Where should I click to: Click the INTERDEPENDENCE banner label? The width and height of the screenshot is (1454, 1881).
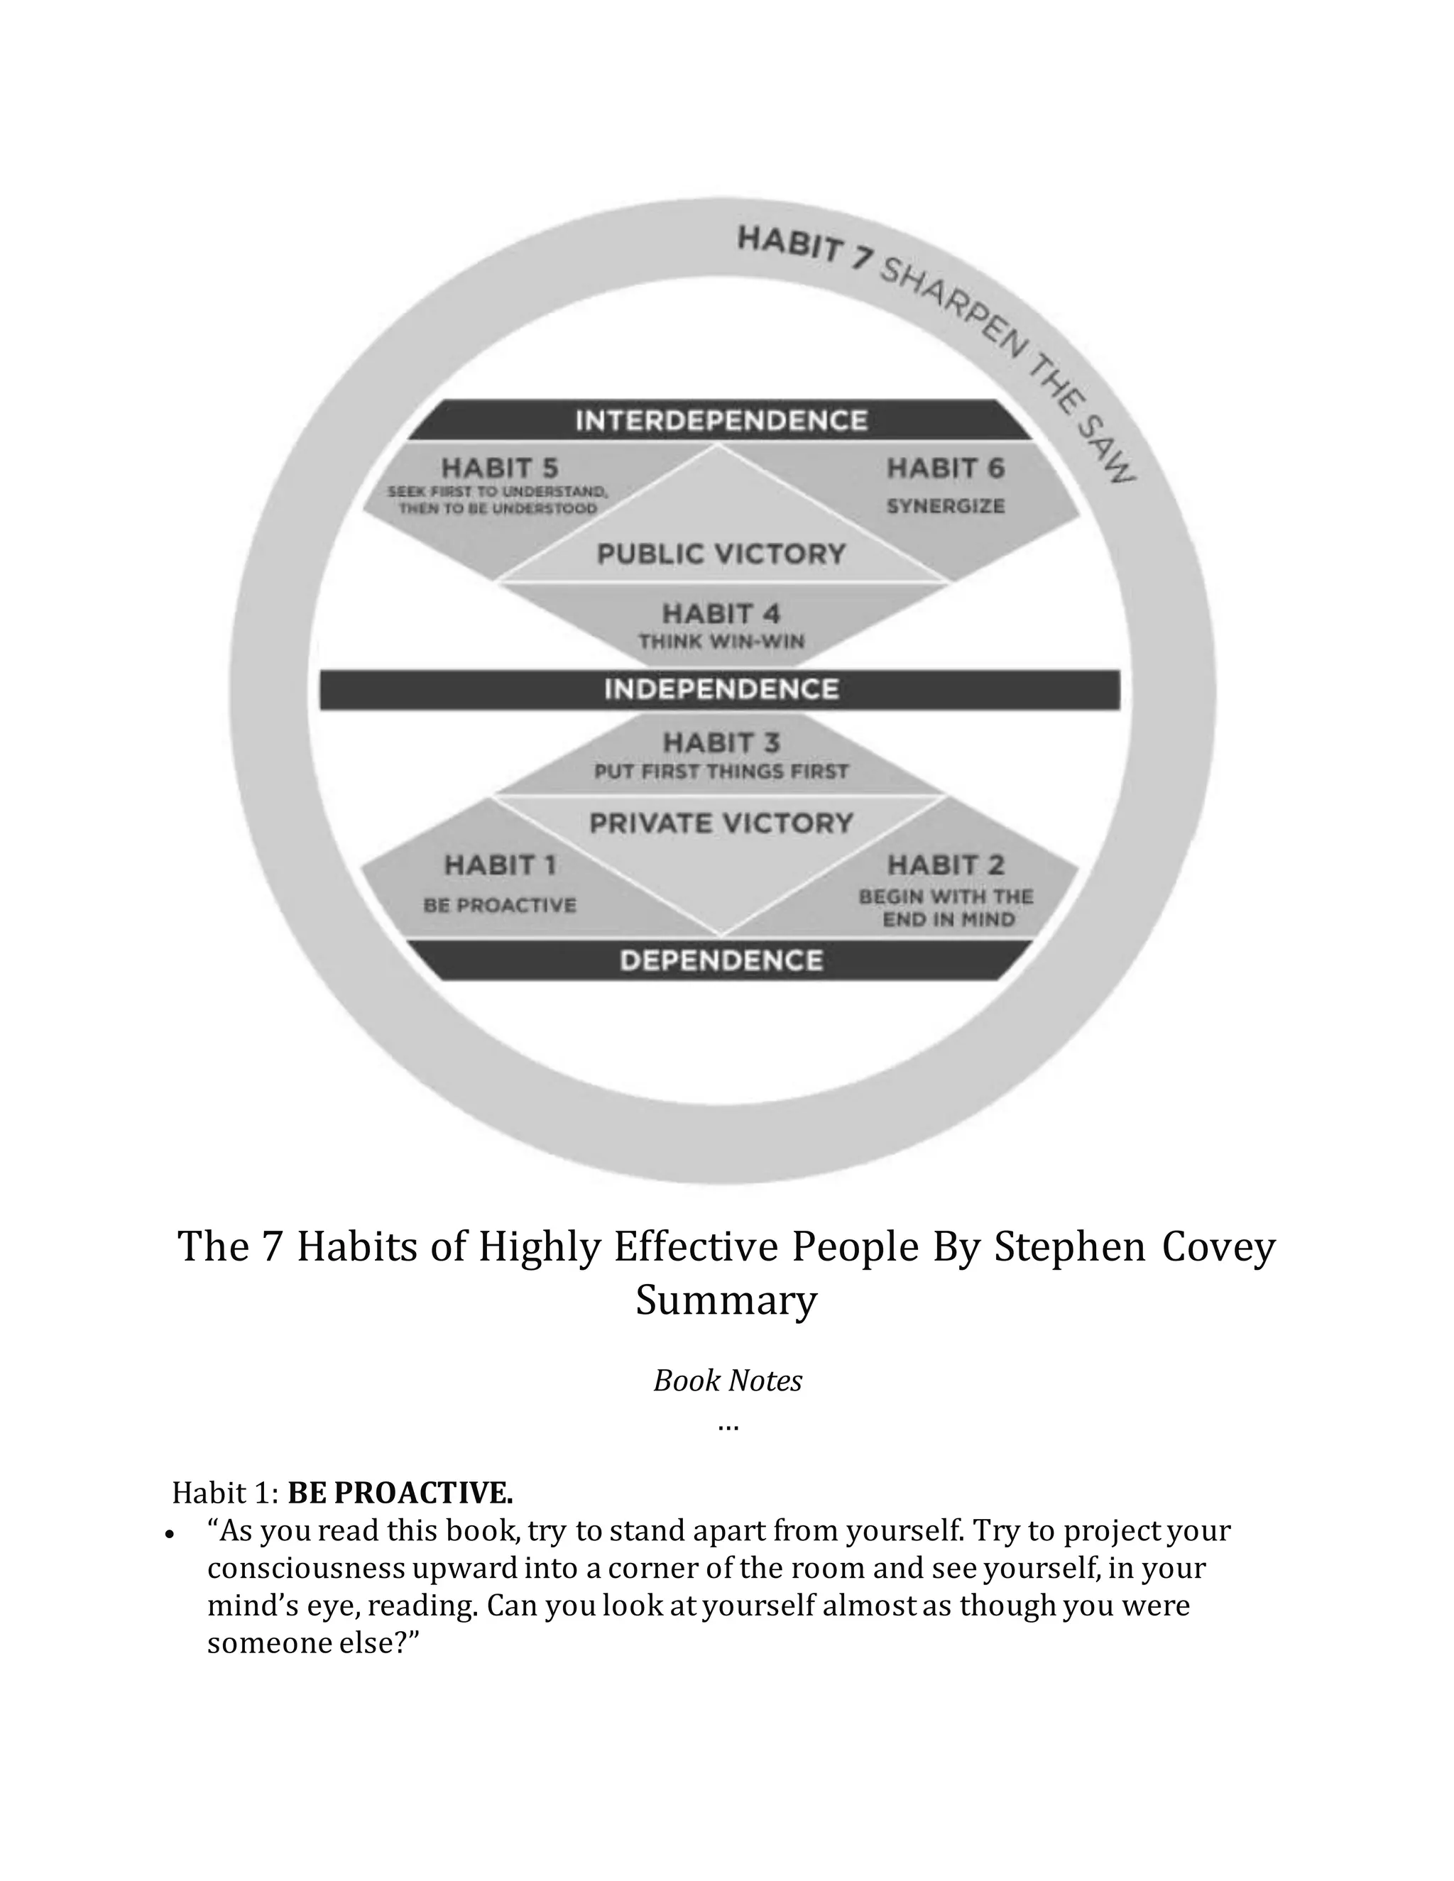tap(721, 420)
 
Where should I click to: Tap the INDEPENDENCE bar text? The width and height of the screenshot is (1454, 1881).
tap(721, 689)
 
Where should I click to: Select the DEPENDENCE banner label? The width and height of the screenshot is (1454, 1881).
tap(721, 960)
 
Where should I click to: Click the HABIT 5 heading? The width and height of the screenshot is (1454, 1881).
tap(500, 468)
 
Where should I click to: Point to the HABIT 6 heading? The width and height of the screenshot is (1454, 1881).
tap(946, 468)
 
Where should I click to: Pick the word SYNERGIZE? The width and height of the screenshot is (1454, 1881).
tap(946, 505)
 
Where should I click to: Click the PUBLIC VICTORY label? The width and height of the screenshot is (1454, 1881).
tap(721, 553)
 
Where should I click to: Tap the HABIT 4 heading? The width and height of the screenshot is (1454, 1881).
tap(721, 613)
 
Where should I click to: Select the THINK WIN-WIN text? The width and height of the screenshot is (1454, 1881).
tap(721, 642)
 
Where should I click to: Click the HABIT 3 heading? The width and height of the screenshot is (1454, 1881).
tap(721, 742)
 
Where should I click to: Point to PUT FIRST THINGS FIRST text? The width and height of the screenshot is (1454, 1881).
tap(721, 771)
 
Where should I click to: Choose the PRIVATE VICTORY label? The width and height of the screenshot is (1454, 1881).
tap(721, 823)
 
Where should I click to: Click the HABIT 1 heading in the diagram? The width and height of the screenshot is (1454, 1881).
tap(500, 864)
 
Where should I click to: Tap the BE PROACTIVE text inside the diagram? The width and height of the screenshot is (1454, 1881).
tap(500, 905)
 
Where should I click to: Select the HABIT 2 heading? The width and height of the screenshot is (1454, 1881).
tap(946, 864)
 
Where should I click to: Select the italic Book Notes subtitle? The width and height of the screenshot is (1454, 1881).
tap(727, 1381)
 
